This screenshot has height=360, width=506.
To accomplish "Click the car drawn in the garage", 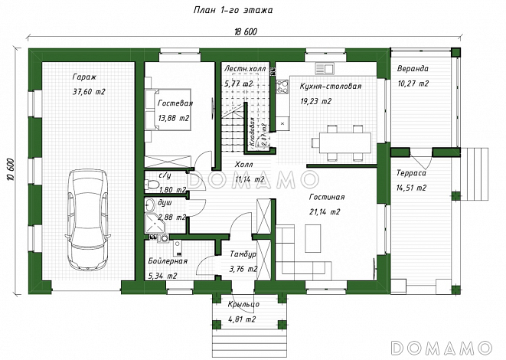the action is point(87,220).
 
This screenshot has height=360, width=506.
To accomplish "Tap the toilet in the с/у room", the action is point(152,185).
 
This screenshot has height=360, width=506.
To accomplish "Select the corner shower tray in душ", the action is point(155,223).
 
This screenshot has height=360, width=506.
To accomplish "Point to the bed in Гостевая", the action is point(168,110).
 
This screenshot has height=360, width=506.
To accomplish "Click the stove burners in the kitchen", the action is point(282,87).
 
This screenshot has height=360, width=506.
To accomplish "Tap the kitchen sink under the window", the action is point(325,68).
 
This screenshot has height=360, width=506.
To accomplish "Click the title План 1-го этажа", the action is point(233,10).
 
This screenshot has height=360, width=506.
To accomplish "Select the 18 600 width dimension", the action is point(246,31).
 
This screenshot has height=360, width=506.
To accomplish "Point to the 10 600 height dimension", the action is point(11,169).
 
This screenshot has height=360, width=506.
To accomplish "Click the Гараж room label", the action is point(84,77).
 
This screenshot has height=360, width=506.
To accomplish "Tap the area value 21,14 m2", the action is point(325,212).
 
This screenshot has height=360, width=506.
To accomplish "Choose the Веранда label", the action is point(413,68).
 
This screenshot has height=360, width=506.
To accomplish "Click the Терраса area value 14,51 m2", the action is point(411,188).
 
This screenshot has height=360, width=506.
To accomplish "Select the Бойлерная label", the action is point(168,261).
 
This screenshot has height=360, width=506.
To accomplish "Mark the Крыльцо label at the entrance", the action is point(243,304).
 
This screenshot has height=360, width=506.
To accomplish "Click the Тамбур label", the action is point(243,254).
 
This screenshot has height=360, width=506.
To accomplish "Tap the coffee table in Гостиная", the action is point(312,239).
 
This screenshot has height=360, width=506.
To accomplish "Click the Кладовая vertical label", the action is point(252,132).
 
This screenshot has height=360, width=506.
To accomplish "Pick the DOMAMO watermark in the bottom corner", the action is point(442,348).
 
